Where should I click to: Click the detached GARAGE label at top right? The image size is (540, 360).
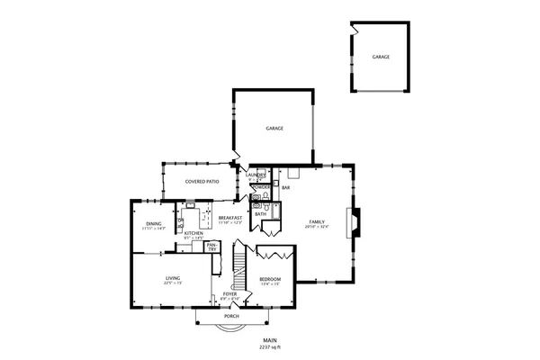tap(381, 57)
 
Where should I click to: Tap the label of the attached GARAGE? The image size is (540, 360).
tap(274, 129)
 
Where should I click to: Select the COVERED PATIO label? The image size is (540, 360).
tap(202, 181)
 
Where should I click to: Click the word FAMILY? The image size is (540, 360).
tap(317, 221)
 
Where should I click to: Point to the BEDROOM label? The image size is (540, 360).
tap(270, 279)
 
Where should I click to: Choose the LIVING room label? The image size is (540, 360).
tap(173, 279)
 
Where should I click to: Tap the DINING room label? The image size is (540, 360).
tap(153, 224)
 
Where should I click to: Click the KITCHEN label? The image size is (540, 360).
tap(193, 233)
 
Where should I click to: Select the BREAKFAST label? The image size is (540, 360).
tap(230, 218)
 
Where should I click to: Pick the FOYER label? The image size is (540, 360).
tap(230, 293)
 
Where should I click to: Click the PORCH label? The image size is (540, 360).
tap(231, 317)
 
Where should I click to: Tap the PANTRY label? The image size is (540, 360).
tap(211, 246)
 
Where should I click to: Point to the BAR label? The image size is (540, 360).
tap(285, 187)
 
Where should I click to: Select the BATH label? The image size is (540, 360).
tap(260, 214)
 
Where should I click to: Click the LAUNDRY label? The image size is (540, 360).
tap(256, 175)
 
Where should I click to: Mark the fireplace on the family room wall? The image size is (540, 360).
tap(355, 221)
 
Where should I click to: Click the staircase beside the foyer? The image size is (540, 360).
tap(239, 263)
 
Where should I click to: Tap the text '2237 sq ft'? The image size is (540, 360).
tap(270, 346)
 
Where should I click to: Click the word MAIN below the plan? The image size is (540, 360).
tap(270, 340)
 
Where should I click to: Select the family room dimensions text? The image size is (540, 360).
tap(317, 227)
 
